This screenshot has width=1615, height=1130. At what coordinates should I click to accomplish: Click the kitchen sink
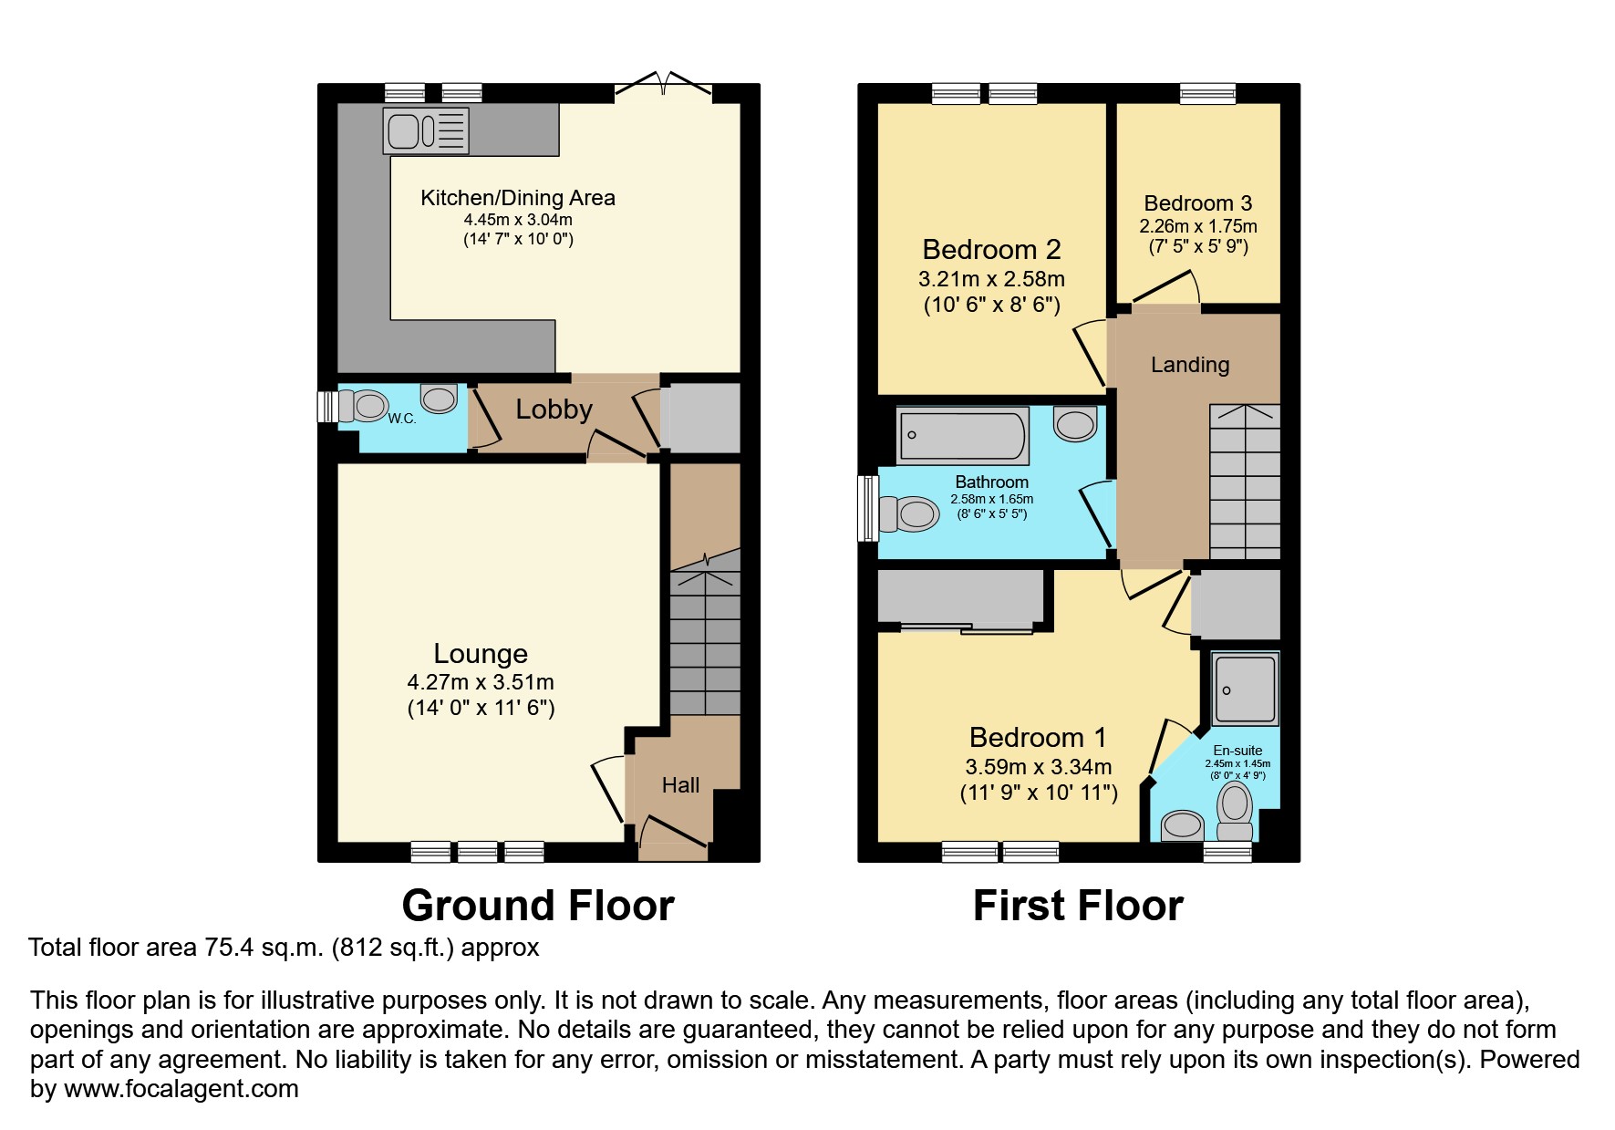(426, 130)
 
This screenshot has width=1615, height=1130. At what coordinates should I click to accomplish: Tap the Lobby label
(554, 409)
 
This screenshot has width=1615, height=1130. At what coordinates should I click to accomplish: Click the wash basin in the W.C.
(439, 398)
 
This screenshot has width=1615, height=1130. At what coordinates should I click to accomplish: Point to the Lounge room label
(481, 653)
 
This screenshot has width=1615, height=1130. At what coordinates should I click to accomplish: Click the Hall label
(680, 785)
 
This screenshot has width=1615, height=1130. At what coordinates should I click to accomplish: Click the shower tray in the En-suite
(1245, 689)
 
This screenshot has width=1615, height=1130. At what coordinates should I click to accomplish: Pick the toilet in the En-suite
(1236, 812)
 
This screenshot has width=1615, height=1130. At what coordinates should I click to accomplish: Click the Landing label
(1190, 365)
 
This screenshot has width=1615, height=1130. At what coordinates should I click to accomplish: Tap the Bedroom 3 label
(1198, 203)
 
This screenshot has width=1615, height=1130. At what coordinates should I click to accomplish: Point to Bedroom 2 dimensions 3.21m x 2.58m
(991, 278)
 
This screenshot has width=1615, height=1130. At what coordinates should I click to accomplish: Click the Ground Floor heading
(538, 906)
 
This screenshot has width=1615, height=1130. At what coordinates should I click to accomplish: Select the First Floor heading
(1078, 906)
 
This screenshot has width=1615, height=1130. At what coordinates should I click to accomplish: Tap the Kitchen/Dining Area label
(518, 198)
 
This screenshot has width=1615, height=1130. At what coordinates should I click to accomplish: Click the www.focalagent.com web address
(181, 1089)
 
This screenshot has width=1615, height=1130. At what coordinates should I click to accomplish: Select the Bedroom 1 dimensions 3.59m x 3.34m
(1039, 767)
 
